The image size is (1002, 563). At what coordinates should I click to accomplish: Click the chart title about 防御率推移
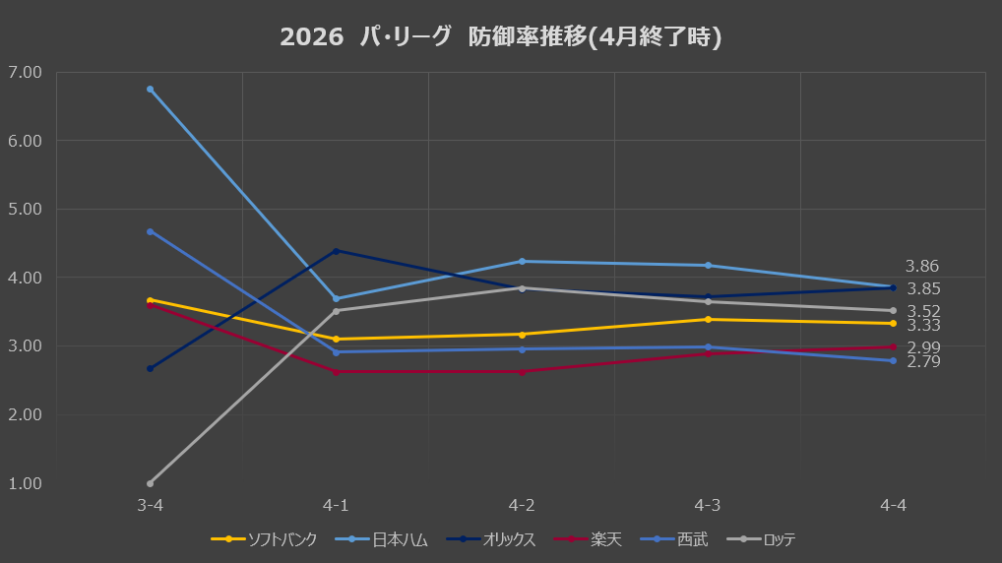coord(501,36)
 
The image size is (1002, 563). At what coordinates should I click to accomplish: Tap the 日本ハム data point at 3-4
coord(151,90)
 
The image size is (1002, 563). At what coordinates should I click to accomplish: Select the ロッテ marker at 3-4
coord(151,483)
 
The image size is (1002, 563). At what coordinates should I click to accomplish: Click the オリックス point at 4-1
coord(336,251)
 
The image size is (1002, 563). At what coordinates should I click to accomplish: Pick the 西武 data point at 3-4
coord(151,231)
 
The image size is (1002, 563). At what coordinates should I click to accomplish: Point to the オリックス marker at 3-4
coord(151,369)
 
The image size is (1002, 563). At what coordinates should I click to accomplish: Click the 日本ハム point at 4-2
coord(522,262)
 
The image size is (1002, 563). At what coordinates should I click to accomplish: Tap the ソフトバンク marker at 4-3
coord(708,319)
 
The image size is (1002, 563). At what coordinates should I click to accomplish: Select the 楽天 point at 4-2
coord(522,372)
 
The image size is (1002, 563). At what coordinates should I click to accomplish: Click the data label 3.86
coord(922,266)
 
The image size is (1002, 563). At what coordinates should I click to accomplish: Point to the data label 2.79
coord(923,361)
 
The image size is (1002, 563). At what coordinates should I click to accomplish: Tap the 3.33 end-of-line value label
coord(923,325)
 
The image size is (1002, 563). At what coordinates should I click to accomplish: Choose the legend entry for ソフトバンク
coord(264,539)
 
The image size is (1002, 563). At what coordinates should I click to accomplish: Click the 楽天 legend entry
coord(588,539)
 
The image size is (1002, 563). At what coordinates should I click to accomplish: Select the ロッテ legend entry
coord(762,539)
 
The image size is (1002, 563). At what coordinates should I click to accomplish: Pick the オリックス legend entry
coord(491,539)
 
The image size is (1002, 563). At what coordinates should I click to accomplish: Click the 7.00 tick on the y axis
coord(25,72)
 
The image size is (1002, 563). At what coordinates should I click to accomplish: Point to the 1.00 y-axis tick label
coord(25,483)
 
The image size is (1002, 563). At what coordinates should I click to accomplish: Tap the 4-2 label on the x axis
coord(522,506)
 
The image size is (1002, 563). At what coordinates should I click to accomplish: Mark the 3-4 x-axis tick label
coord(151,506)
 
